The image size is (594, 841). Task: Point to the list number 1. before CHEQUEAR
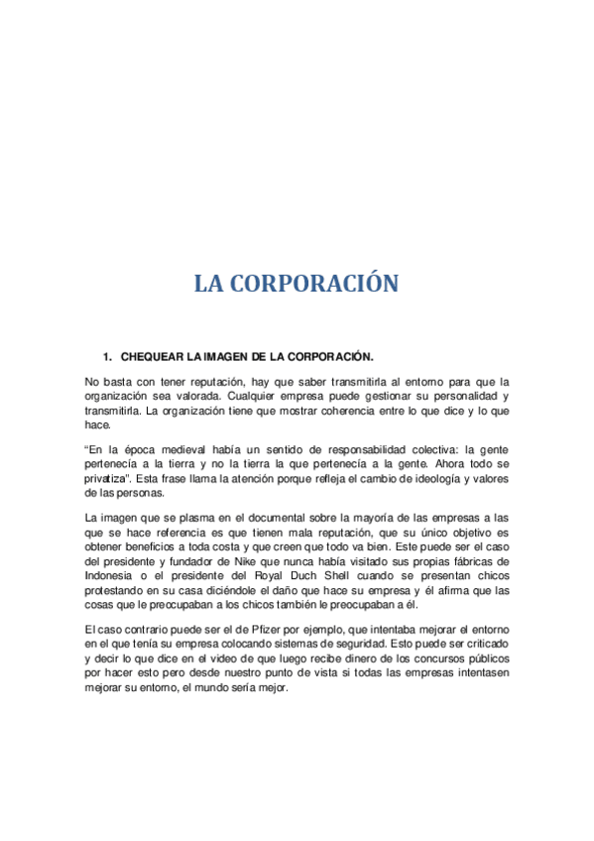point(108,356)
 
